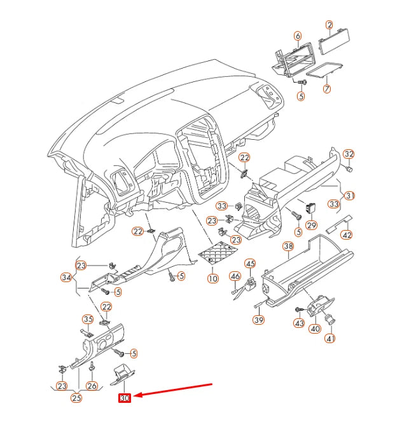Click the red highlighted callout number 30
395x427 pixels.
pos(124,398)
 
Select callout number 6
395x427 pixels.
pos(297,36)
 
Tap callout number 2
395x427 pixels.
pos(329,25)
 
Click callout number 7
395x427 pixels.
pos(327,89)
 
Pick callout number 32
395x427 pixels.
pos(349,154)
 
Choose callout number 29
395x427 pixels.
pos(311,225)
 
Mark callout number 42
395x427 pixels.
pos(347,234)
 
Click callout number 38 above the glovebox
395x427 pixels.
pos(288,246)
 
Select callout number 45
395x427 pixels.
pos(250,264)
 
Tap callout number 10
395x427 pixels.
pos(212,278)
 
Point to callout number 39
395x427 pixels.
pos(258,320)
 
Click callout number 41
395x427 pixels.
pos(329,339)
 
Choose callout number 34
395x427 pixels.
pos(66,277)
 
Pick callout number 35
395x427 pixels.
pos(88,319)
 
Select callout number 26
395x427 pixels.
pos(92,386)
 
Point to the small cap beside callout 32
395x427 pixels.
pos(349,169)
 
